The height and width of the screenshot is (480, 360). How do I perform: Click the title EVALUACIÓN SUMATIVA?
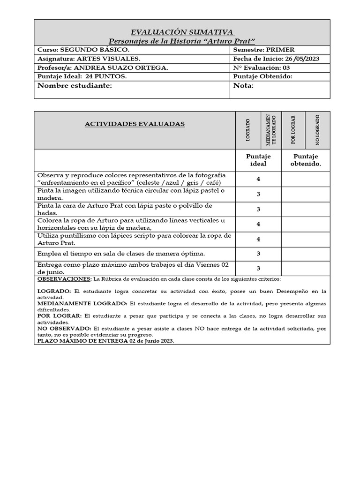[182, 32]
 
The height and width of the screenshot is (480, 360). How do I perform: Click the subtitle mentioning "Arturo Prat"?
[182, 41]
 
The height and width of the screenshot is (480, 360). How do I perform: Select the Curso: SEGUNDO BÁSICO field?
[83, 50]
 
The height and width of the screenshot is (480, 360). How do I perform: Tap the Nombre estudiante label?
[75, 86]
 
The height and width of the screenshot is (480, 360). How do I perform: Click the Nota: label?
[243, 86]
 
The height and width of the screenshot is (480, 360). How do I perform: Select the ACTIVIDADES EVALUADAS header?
[135, 124]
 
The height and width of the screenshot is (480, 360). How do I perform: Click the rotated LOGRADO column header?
[247, 130]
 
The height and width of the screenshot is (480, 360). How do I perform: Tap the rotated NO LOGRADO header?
[317, 130]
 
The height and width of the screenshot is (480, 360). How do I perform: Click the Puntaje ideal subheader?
[258, 160]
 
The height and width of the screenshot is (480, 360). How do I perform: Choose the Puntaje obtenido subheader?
[306, 160]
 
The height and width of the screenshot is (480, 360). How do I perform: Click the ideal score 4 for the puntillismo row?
[258, 239]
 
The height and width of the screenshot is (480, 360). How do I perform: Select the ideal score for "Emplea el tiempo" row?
[258, 254]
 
